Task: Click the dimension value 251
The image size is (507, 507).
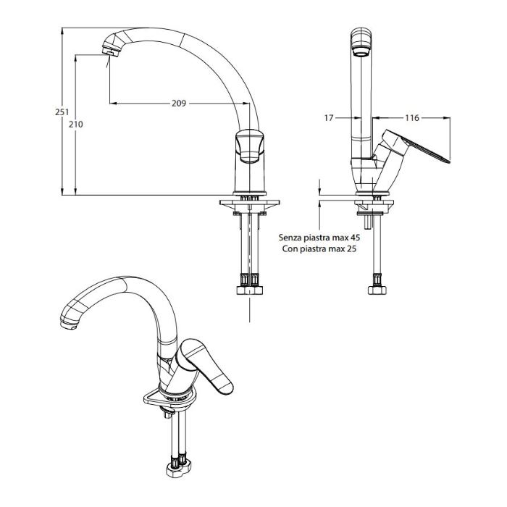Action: point(62,112)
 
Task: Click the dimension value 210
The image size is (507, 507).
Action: point(75,124)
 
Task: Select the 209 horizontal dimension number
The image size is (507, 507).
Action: point(179,104)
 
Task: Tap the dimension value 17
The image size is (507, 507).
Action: point(329,118)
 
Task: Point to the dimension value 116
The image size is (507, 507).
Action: point(412,118)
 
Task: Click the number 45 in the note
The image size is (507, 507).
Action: point(355,238)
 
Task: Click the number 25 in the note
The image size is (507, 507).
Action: point(351,249)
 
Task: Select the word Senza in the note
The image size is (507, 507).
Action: point(290,238)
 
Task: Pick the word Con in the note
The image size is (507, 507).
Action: point(290,249)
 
